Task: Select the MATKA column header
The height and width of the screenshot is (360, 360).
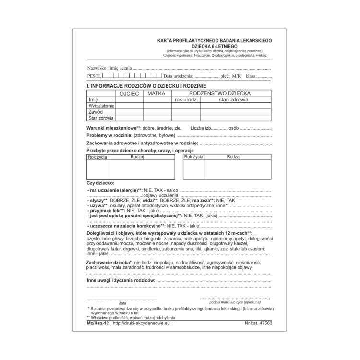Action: (x=156, y=93)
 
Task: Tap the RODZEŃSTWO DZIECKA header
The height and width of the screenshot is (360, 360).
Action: (x=220, y=93)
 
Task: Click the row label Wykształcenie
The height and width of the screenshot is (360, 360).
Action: (x=101, y=106)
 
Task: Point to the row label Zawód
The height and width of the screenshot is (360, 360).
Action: (x=96, y=111)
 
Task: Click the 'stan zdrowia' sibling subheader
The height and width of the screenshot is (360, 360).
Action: (x=233, y=100)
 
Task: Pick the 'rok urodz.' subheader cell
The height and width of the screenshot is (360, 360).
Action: (x=186, y=100)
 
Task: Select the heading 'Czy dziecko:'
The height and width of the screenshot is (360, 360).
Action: (x=100, y=183)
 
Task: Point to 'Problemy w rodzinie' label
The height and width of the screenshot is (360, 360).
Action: (x=109, y=136)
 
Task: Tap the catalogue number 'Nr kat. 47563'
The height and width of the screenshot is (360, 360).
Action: (x=258, y=324)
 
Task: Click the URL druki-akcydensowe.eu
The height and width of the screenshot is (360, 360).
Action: (x=141, y=324)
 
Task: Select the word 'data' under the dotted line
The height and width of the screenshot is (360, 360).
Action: (x=122, y=303)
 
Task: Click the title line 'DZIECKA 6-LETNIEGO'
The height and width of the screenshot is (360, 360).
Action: (x=214, y=46)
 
